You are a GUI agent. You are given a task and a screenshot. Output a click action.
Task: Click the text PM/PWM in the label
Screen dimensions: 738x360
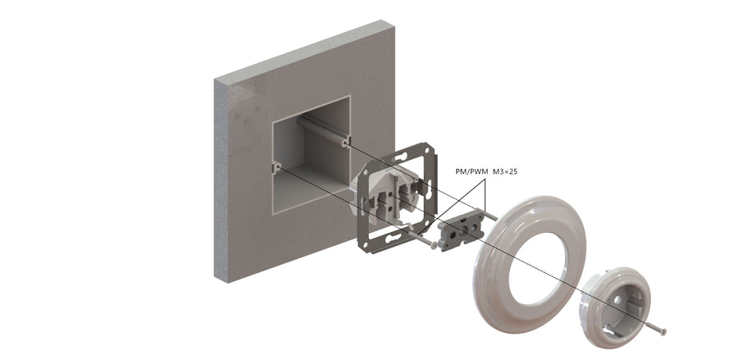click(471, 171)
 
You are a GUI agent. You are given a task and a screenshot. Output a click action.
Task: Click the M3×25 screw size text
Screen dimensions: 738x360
click(505, 171)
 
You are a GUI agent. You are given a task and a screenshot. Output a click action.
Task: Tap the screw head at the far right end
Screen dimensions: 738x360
click(663, 332)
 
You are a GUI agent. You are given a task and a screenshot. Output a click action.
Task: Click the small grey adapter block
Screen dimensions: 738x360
click(461, 230)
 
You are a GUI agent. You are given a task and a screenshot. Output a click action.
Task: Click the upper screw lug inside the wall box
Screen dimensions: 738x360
click(346, 141)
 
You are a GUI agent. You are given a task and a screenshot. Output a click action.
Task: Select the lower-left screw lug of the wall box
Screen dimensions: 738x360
click(277, 166)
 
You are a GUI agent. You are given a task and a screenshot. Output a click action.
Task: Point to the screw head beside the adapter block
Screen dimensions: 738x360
click(433, 245)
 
